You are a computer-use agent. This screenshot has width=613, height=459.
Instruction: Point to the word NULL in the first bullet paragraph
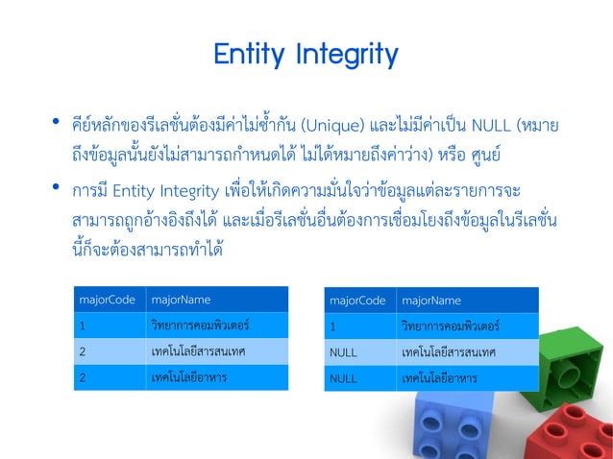pyautogui.click(x=492, y=125)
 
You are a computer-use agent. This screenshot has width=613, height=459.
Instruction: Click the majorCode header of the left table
pyautogui.click(x=108, y=300)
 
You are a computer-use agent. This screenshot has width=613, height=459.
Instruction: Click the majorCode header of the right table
pyautogui.click(x=357, y=301)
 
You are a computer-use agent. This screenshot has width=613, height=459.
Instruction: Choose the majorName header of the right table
pyautogui.click(x=430, y=301)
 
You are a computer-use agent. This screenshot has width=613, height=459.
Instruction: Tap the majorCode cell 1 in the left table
pyautogui.click(x=83, y=326)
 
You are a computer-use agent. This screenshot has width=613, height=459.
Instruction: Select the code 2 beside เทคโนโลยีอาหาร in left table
pyautogui.click(x=83, y=377)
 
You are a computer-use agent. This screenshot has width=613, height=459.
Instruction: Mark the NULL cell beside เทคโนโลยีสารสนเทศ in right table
pyautogui.click(x=343, y=352)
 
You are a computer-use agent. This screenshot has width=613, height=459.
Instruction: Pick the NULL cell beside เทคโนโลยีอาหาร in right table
pyautogui.click(x=343, y=378)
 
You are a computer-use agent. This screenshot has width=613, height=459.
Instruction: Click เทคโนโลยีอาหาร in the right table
pyautogui.click(x=439, y=378)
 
